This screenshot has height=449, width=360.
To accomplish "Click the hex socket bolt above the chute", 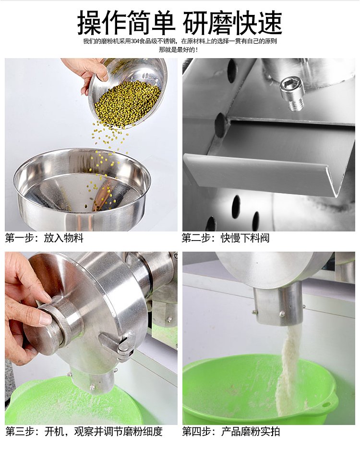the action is click(292, 94).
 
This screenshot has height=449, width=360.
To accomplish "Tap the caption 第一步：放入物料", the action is click(44, 238).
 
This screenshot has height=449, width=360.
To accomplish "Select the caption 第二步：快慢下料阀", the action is click(226, 238).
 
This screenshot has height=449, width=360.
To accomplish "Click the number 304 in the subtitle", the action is click(135, 41).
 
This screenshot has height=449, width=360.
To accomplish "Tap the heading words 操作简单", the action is click(126, 23).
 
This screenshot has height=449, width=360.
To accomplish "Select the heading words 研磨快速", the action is click(233, 23).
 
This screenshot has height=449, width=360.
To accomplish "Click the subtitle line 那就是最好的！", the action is click(178, 50).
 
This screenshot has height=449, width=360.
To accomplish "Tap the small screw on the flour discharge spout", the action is click(282, 314).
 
